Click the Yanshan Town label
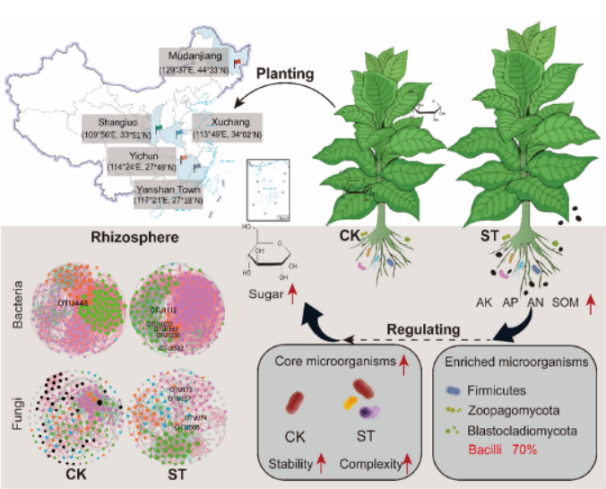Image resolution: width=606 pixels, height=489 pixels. (170, 195)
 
